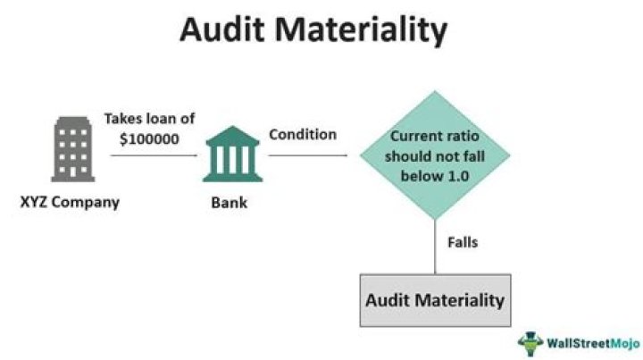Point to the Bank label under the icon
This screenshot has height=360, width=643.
[x=230, y=203]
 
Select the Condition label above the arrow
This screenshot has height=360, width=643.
[x=303, y=135]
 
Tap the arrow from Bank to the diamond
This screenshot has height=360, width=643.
[x=307, y=155]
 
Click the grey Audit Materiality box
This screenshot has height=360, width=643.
[x=435, y=298]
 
